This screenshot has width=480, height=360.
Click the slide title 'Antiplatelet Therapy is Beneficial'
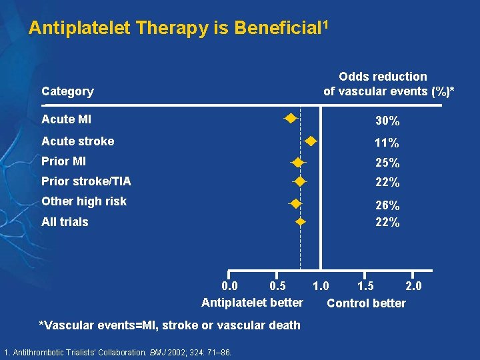click(178, 28)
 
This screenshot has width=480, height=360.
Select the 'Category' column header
click(67, 91)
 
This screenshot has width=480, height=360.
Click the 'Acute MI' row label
click(66, 119)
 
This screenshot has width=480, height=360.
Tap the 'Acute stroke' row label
click(77, 141)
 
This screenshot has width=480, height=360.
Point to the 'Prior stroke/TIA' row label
click(86, 181)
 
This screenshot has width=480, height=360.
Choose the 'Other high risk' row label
click(83, 201)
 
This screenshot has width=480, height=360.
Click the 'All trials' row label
click(65, 222)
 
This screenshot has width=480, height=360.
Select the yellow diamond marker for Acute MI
click(290, 119)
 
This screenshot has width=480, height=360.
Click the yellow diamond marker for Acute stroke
click(311, 141)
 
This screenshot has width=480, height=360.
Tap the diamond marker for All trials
click(301, 221)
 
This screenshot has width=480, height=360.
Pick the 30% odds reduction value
click(387, 121)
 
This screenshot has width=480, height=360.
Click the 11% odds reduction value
click(387, 143)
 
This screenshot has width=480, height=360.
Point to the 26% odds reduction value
click(387, 206)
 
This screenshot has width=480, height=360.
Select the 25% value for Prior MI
click(387, 163)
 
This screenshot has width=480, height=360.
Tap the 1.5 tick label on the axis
click(365, 286)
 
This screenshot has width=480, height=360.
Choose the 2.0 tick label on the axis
click(413, 286)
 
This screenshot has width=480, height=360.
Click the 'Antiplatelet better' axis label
click(252, 303)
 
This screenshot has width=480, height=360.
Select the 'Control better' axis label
click(366, 303)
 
